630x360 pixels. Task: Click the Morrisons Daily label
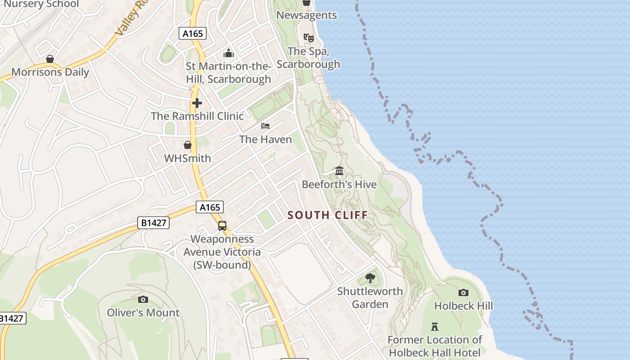point(50,72)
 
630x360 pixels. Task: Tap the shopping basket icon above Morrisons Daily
point(50,59)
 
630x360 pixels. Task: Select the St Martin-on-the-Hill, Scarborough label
point(229,73)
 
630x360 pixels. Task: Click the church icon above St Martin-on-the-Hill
point(229,54)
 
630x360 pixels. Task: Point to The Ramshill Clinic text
point(197,116)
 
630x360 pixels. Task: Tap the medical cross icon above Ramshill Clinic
point(197,103)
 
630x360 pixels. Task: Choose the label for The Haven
point(265,139)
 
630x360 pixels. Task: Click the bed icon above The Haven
point(265,126)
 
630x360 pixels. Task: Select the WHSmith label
point(187,158)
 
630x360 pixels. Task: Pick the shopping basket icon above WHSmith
point(187,145)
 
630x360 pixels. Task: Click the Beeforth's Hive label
point(339,184)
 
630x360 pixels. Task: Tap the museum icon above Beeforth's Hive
point(339,171)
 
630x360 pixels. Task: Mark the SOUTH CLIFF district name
point(328,215)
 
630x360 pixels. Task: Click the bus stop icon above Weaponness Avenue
point(222,226)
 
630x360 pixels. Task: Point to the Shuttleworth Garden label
point(370,297)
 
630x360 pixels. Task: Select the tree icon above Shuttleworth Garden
point(370,278)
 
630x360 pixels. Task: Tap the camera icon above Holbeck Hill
point(463,293)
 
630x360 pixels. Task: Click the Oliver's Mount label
point(143,313)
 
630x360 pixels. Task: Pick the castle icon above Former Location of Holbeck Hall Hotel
point(435,326)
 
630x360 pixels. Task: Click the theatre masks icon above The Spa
point(308,37)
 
